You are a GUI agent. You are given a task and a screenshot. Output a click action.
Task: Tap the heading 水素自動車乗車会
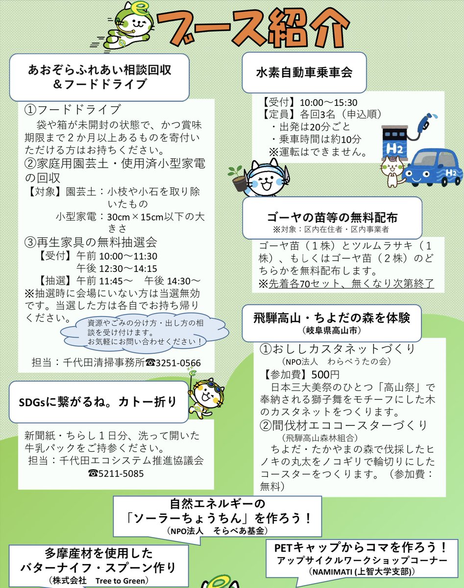tap(304, 73)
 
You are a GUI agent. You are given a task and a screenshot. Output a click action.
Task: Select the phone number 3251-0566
tap(174, 363)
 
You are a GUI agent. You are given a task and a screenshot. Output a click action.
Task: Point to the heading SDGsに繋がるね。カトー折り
tap(98, 402)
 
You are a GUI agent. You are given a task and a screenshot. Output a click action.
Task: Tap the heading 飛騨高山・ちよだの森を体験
tap(332, 317)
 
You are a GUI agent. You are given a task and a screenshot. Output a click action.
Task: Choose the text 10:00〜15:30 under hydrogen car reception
tap(328, 102)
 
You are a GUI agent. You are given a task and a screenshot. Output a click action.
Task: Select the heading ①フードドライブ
tap(73, 109)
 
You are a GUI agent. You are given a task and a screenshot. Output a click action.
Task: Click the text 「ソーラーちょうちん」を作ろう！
tap(218, 518)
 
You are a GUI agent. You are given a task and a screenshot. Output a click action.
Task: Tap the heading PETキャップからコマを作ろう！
tap(361, 547)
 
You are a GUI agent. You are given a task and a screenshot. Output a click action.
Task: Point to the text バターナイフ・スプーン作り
tap(98, 567)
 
